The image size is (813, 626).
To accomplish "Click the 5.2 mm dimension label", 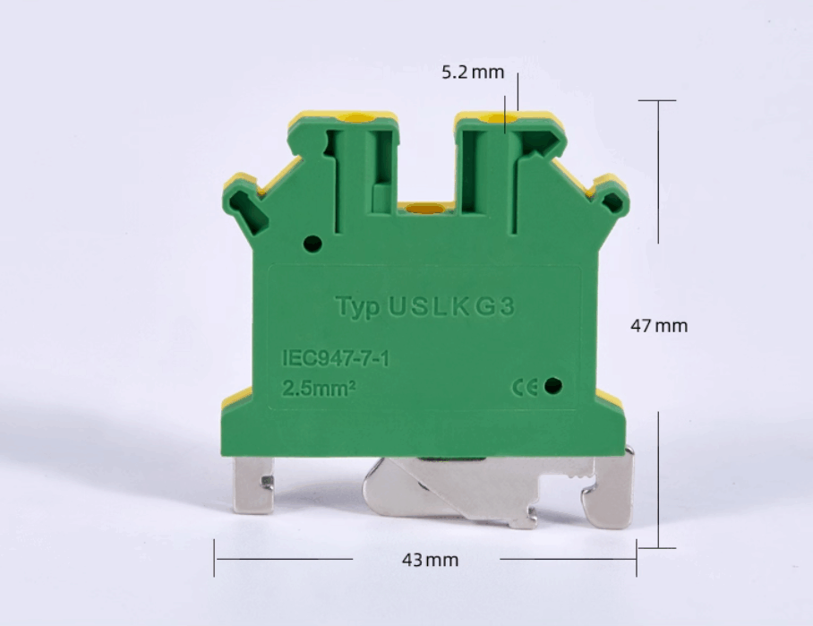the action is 473,72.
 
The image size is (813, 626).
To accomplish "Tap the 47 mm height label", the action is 659,326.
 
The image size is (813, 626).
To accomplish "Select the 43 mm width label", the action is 430,560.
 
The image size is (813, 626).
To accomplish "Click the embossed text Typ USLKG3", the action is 424,306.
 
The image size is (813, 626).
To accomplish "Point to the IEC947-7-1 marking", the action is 336,358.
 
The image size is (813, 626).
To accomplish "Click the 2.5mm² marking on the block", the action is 319,388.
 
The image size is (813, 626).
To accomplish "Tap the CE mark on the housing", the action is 525,387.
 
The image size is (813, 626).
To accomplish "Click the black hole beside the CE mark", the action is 553,386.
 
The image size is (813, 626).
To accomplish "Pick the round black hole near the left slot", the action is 312,244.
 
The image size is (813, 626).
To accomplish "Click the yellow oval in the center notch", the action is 425,209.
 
